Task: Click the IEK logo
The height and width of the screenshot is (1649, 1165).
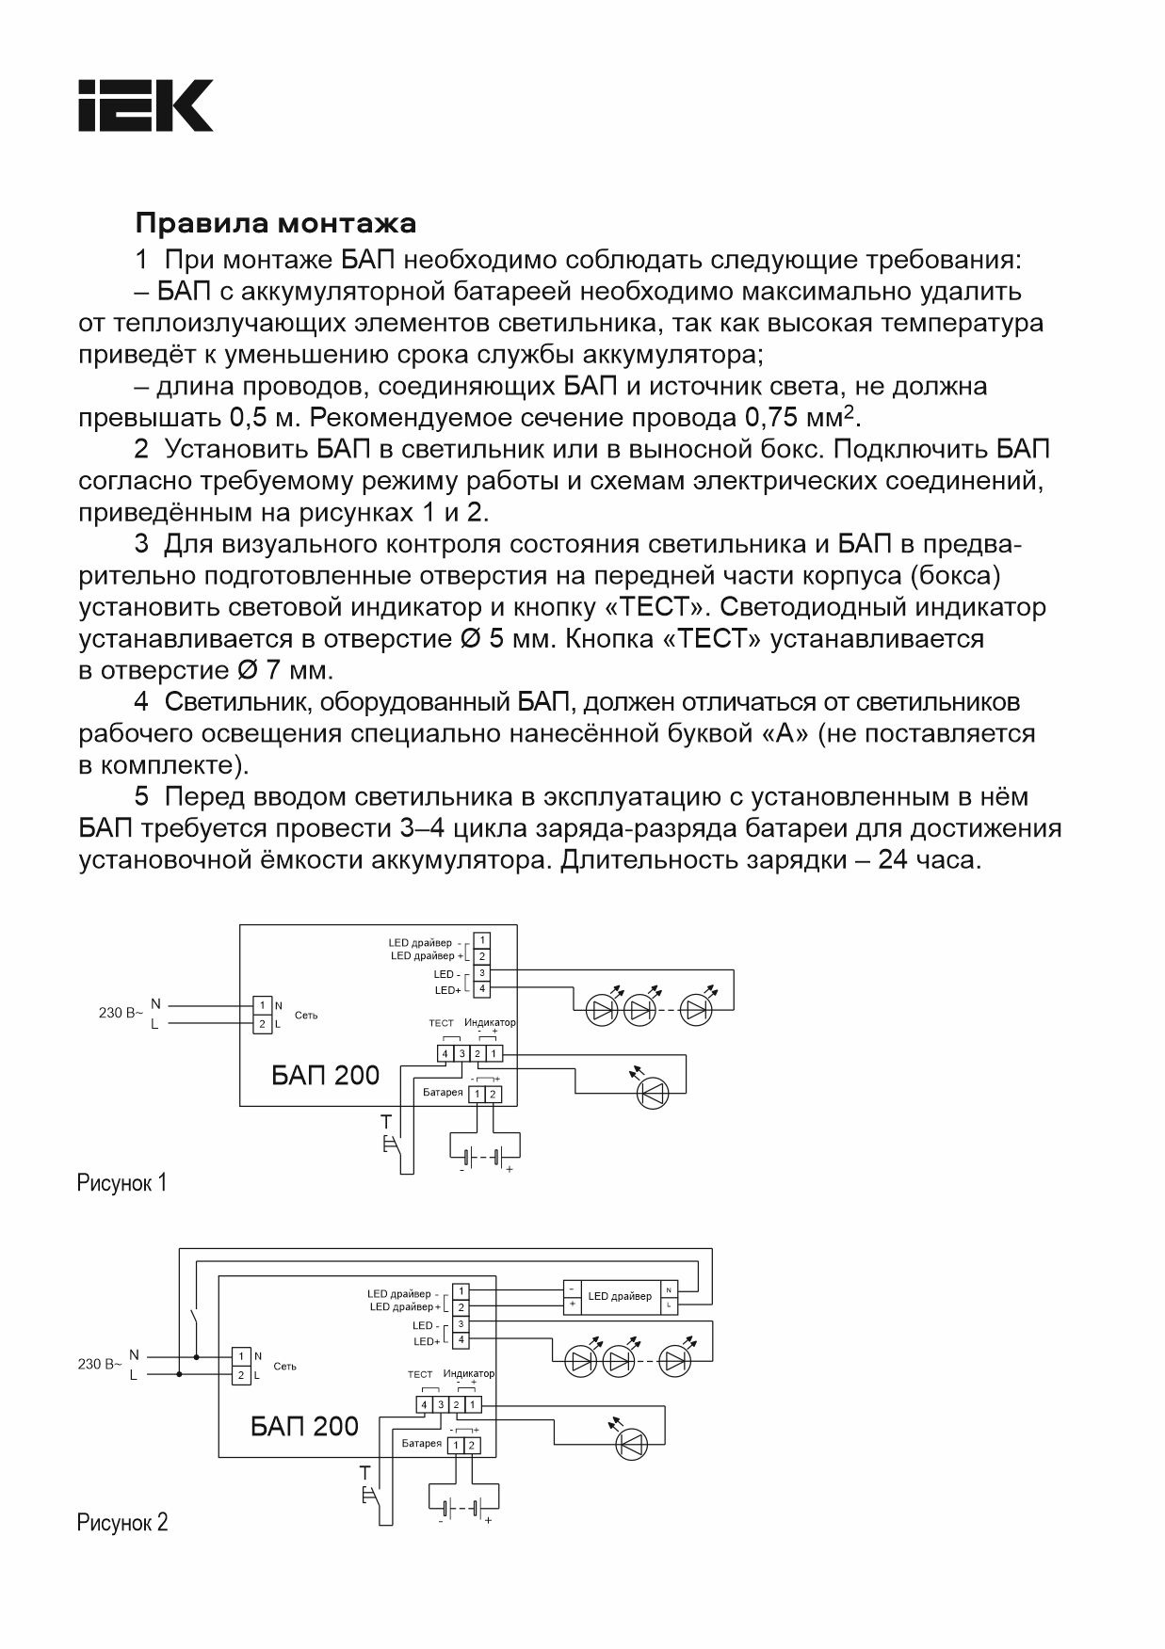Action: pos(145,105)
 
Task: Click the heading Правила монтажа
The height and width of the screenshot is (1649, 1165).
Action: pos(275,224)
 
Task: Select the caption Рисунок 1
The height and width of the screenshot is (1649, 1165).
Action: pos(121,1183)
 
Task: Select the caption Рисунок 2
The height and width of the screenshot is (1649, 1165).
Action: pos(121,1522)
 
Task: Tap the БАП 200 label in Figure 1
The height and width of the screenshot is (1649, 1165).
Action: pos(325,1075)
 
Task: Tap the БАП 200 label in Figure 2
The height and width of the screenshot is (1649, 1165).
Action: pos(304,1426)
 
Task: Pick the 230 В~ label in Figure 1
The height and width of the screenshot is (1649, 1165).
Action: pos(121,1013)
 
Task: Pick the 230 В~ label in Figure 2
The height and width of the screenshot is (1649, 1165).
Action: pos(99,1363)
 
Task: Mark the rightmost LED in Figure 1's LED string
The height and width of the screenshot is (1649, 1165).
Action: pos(696,1011)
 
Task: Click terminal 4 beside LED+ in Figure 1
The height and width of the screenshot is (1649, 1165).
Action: pos(481,988)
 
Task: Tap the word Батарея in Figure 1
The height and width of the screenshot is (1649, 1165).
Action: pos(443,1093)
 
